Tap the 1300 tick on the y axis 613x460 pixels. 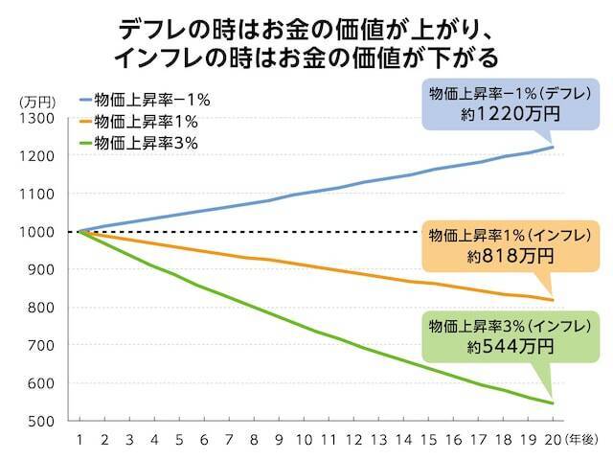click(38, 118)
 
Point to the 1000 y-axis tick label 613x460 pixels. click(38, 232)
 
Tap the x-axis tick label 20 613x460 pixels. click(553, 441)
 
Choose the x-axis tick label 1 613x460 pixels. click(80, 441)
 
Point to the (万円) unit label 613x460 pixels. click(37, 99)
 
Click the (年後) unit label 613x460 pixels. click(583, 441)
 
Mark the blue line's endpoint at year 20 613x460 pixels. click(553, 147)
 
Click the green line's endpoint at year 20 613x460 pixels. click(553, 403)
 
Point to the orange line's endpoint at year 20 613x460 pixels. click(553, 300)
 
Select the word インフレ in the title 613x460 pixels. click(159, 57)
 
